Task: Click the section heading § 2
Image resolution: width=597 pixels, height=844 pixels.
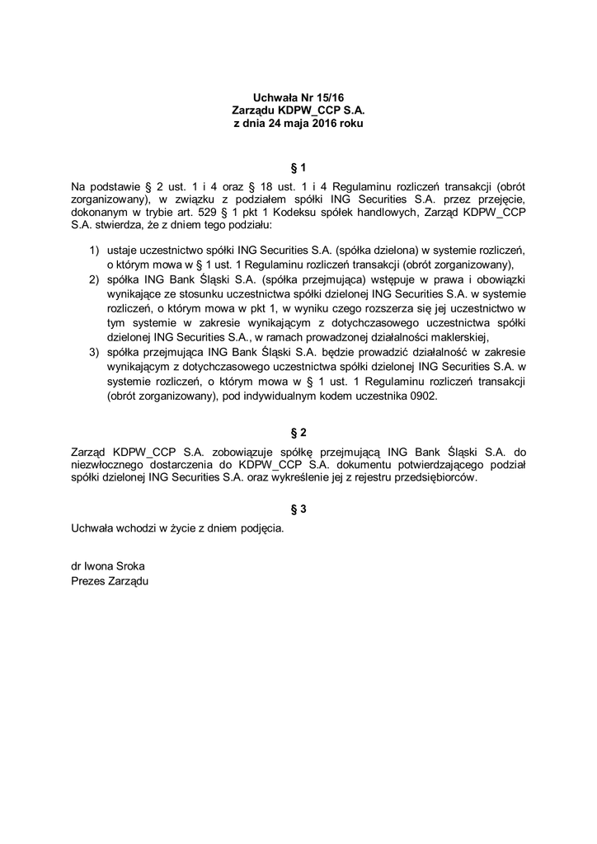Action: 298,432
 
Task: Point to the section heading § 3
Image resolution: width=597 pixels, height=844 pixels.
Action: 298,509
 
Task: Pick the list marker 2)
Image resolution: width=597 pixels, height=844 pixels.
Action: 94,280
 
